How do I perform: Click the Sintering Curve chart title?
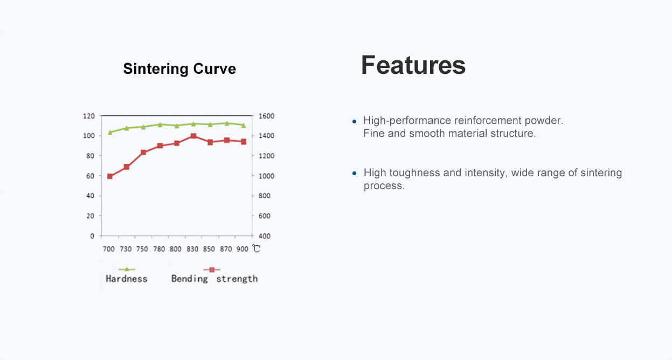point(179,69)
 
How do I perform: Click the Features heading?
point(413,65)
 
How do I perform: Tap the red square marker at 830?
point(193,136)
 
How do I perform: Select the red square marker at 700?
point(110,176)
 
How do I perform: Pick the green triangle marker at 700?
point(110,132)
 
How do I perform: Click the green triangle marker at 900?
point(243,126)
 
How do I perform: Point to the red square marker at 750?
point(143,153)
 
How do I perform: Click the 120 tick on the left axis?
point(89,116)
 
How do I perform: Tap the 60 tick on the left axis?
point(90,176)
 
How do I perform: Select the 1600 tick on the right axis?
point(266,116)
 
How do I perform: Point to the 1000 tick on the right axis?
point(266,176)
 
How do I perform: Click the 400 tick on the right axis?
point(264,236)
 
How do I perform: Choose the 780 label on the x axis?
point(159,249)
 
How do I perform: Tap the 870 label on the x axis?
point(226,249)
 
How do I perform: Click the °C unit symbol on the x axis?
point(256,248)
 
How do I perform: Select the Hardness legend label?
point(126,279)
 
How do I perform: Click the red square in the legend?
point(212,269)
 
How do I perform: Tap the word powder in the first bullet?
point(544,121)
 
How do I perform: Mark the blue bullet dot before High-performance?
point(354,121)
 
